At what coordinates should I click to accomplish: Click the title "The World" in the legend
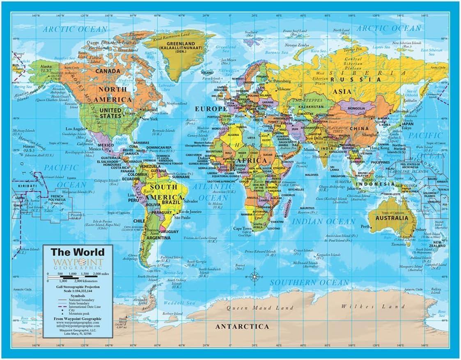tap(71, 252)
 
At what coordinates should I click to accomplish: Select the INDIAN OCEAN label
tap(323, 221)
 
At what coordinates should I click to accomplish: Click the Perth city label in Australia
tap(365, 226)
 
